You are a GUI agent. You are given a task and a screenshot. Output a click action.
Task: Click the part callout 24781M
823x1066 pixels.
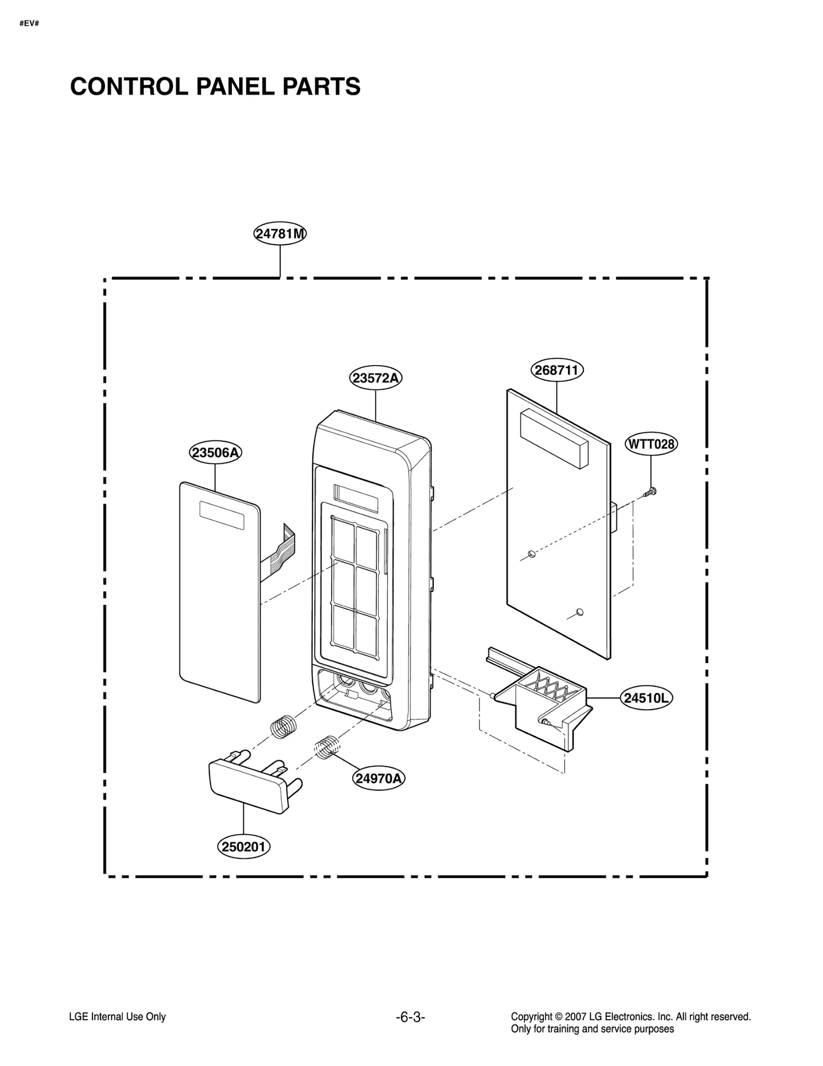[280, 234]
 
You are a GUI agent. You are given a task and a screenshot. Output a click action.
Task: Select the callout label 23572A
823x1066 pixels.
[375, 378]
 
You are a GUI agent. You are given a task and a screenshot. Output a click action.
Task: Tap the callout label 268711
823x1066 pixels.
[557, 370]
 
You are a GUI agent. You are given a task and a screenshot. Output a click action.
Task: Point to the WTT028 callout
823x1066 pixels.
[651, 444]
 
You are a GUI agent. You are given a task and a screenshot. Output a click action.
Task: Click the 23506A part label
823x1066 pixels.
[215, 453]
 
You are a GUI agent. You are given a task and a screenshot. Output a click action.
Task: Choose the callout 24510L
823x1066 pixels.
[646, 698]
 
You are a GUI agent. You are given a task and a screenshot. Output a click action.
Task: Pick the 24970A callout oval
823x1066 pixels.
[379, 778]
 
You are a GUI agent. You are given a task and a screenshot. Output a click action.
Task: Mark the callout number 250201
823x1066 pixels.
[244, 846]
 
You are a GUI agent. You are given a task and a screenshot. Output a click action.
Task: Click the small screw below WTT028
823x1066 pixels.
[650, 493]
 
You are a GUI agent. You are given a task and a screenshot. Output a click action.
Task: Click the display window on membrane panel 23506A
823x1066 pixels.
[222, 515]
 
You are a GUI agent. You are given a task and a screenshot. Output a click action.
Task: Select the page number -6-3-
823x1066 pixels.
[410, 1017]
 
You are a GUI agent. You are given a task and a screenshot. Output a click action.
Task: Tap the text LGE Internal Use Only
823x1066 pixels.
[117, 1017]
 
